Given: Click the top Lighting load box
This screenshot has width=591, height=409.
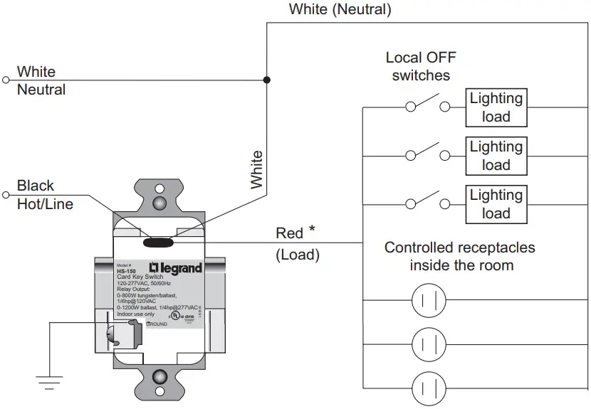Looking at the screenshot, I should [x=496, y=108].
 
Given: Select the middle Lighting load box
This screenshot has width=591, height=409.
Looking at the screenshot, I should [x=496, y=156].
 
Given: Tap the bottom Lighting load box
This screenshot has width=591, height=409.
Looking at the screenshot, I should [x=496, y=204].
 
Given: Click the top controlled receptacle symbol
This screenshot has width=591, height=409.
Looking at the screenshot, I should [x=429, y=297].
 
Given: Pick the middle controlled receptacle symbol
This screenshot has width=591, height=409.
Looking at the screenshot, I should [x=429, y=344].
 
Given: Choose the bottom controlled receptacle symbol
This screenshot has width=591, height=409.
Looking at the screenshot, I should [x=429, y=388].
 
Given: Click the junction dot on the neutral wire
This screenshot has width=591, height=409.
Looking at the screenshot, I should [x=267, y=80].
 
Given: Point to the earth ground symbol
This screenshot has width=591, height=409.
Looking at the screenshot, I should [x=49, y=383].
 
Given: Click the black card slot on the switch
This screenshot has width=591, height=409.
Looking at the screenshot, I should [x=160, y=242].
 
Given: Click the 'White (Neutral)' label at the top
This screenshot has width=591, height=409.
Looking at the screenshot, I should [x=340, y=10].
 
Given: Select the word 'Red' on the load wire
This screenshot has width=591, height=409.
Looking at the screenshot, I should [x=289, y=233].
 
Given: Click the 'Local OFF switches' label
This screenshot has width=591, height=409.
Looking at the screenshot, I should [x=421, y=65].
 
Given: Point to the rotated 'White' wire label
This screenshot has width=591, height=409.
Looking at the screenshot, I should [x=256, y=169].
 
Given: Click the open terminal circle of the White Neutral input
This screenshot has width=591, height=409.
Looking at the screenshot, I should [x=6, y=80].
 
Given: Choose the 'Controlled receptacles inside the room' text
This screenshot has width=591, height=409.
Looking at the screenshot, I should [x=459, y=256].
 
